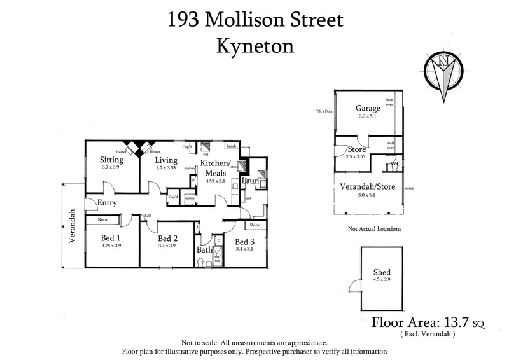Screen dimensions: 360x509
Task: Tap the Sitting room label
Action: [x=111, y=160]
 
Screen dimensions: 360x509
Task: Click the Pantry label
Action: [x=189, y=198]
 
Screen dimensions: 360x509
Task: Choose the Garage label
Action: [x=368, y=109]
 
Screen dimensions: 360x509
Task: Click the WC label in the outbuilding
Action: [x=395, y=163]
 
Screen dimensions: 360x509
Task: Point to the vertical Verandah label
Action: [x=73, y=226]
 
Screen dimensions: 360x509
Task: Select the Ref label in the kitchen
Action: [x=206, y=154]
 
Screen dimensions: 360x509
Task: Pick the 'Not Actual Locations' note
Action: [x=374, y=228]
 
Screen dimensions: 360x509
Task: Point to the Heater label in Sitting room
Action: [x=122, y=153]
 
